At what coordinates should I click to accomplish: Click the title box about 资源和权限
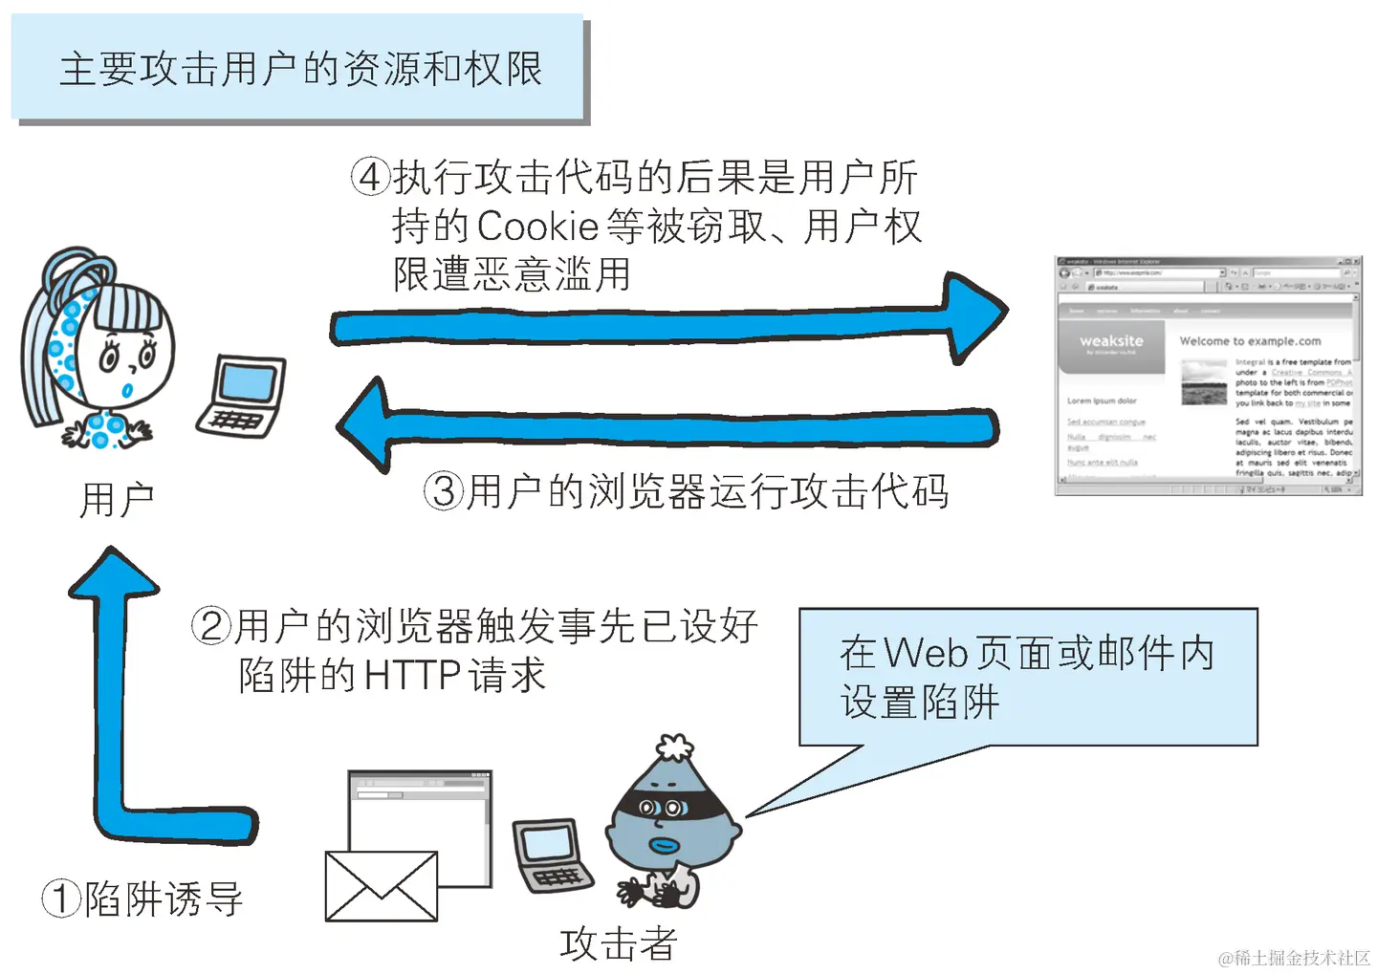coord(298,69)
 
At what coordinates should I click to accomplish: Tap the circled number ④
coord(370,177)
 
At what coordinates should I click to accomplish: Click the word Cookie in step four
coord(537,227)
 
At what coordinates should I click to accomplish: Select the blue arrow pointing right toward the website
coord(669,325)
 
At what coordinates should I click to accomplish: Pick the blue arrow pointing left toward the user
coord(669,425)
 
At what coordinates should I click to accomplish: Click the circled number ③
coord(444,491)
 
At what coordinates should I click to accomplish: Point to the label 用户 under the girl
coord(117,500)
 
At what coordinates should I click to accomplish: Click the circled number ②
coord(211,626)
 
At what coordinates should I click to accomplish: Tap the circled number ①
coord(61,899)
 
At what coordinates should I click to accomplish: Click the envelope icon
coord(381,886)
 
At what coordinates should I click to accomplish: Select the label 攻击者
coord(619,944)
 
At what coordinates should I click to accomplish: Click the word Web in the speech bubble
coord(926,654)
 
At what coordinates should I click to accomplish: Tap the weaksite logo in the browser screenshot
coord(1111,342)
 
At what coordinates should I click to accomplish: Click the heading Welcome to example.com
coord(1250,341)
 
